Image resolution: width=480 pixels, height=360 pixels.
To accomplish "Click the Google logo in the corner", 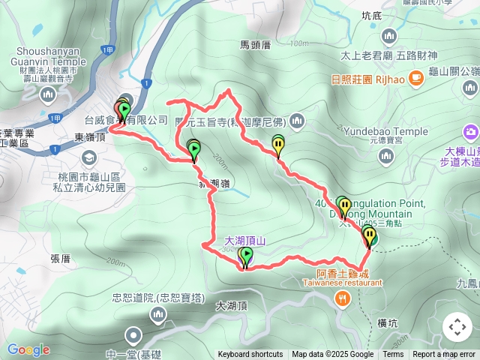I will [x=28, y=349].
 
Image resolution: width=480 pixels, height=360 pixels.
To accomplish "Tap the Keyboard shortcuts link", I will [x=250, y=355].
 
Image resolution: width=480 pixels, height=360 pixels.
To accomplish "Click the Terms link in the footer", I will [x=393, y=355].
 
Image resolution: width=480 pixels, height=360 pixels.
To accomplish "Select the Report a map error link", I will [x=445, y=355].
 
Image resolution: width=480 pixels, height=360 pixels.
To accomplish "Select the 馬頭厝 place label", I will [x=255, y=44].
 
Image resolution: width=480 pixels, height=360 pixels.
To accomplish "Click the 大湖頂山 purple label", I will [x=246, y=241].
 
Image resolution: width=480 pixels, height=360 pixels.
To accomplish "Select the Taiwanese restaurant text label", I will [x=342, y=283].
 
